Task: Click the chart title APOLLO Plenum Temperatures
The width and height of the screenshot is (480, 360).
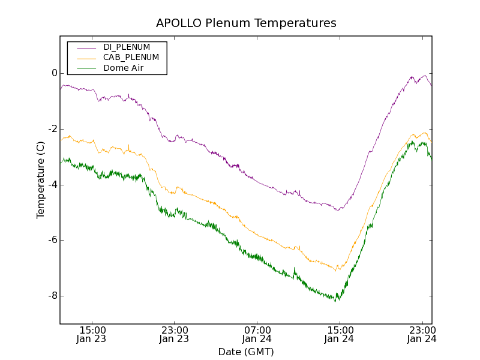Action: click(x=246, y=23)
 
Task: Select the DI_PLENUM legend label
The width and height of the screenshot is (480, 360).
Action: click(x=127, y=47)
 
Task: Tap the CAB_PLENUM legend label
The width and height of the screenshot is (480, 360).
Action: click(x=131, y=58)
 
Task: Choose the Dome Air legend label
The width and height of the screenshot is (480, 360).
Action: click(x=123, y=68)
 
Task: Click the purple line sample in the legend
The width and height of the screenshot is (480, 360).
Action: click(x=86, y=47)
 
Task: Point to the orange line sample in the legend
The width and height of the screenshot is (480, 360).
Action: click(x=86, y=58)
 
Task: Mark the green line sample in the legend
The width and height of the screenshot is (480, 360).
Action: click(x=86, y=68)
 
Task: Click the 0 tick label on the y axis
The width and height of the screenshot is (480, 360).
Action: click(x=54, y=74)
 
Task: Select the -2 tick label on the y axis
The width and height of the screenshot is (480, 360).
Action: click(x=52, y=129)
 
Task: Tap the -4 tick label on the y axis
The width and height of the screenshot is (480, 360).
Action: click(x=52, y=185)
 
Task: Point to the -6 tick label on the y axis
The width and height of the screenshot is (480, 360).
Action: click(x=52, y=240)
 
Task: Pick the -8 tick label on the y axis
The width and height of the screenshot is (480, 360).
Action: click(x=52, y=296)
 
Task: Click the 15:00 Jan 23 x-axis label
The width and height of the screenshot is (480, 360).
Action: click(x=92, y=334)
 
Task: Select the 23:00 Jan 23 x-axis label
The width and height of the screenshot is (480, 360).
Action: click(x=175, y=334)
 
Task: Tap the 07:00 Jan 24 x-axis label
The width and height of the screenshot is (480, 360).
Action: click(x=257, y=334)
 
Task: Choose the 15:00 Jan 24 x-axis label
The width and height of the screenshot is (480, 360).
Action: click(x=339, y=334)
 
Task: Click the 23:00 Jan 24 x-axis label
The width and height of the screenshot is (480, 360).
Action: click(x=421, y=334)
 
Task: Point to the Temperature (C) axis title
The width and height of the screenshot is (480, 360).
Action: click(x=41, y=180)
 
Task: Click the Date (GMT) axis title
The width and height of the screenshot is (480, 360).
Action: click(x=246, y=352)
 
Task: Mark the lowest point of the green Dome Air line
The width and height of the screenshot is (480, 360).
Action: click(x=336, y=301)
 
